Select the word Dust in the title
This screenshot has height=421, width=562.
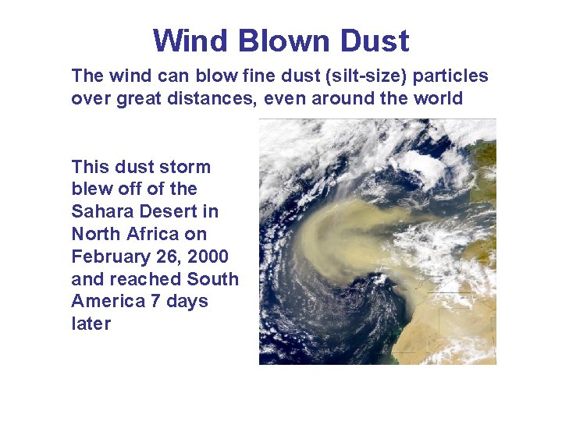(375, 41)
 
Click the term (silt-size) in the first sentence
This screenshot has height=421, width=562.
(369, 76)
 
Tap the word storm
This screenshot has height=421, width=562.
(185, 167)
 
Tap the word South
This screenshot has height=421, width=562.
(213, 279)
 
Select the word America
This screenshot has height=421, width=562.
(105, 302)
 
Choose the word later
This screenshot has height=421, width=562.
(91, 324)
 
